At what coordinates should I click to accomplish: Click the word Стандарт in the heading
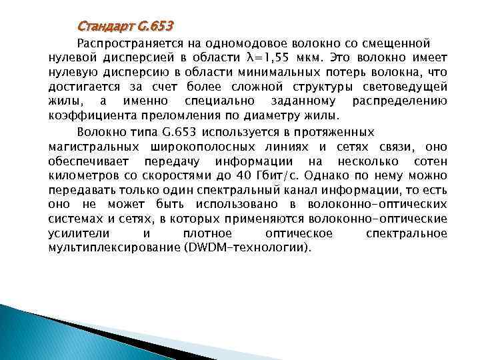click(x=105, y=27)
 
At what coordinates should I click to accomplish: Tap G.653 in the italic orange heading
click(x=155, y=27)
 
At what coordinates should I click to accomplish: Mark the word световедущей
click(x=409, y=87)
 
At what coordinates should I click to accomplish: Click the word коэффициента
click(x=88, y=115)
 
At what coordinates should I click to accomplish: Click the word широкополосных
click(x=205, y=147)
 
